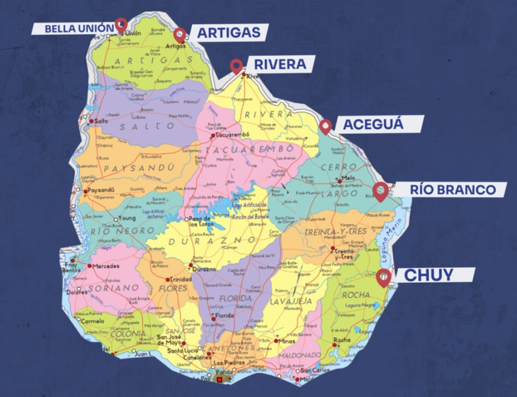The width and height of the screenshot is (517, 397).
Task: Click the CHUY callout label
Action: coord(428,275)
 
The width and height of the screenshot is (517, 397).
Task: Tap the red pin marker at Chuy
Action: coord(383,276)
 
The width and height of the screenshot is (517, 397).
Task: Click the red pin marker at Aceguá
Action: coord(326,126)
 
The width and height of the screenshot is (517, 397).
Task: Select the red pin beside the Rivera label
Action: coord(238,67)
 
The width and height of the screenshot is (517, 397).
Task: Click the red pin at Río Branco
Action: coord(381,191)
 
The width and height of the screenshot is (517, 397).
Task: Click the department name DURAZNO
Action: coord(213,241)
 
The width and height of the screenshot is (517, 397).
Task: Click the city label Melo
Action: coord(348,179)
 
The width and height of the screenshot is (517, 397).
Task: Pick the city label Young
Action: coord(127,218)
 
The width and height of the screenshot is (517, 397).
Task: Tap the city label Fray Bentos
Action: coord(71,267)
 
